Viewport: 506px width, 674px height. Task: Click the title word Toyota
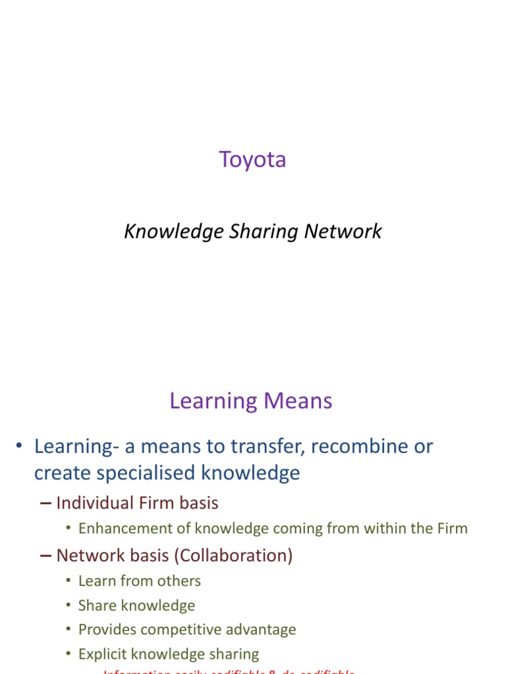click(252, 160)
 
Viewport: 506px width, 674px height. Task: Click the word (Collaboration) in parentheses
click(233, 556)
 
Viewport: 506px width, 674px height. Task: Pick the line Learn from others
click(139, 581)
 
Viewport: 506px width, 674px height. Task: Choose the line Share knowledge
click(136, 606)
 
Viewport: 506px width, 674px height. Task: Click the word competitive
click(190, 630)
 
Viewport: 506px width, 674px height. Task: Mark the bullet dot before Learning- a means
click(20, 448)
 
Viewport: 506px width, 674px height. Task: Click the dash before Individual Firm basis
click(45, 504)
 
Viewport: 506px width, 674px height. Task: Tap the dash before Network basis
click(45, 556)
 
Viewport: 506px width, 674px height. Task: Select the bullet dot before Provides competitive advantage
click(69, 630)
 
